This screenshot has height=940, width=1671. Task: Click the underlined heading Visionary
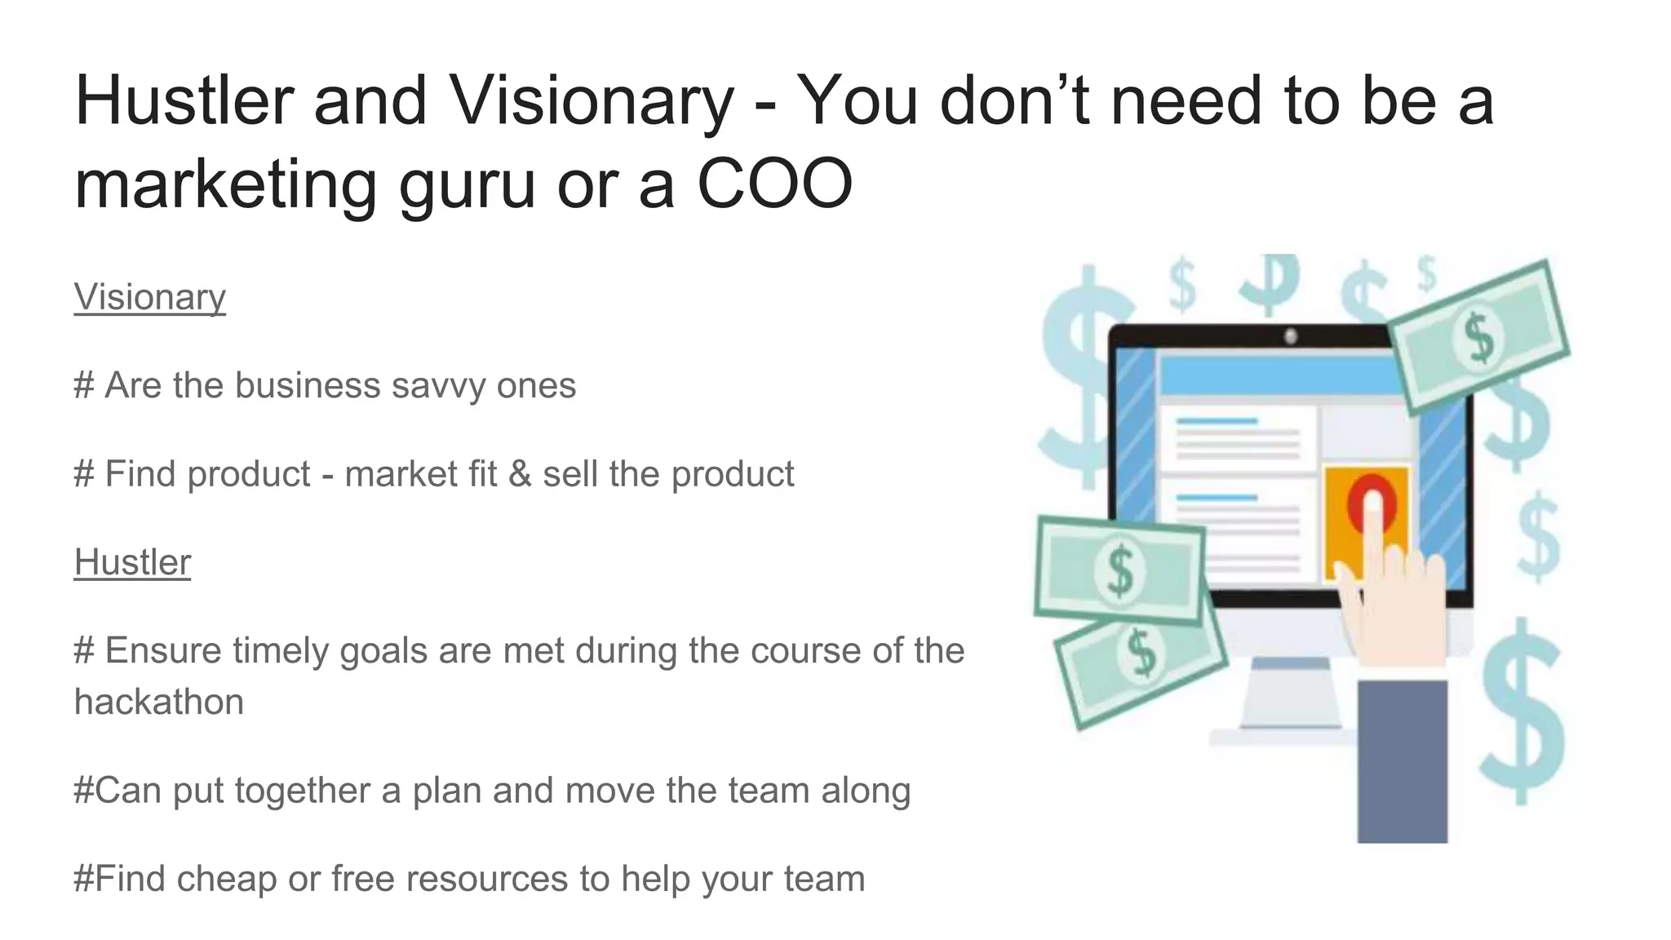[x=149, y=297]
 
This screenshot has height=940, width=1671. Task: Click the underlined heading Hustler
[x=132, y=562]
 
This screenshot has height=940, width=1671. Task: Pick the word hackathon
[x=159, y=702]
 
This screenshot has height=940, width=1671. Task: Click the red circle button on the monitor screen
[x=1370, y=502]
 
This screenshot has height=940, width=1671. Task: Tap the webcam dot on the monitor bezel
[x=1290, y=335]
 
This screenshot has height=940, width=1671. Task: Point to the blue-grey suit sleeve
[x=1401, y=759]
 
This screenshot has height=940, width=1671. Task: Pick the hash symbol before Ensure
[x=83, y=651]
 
